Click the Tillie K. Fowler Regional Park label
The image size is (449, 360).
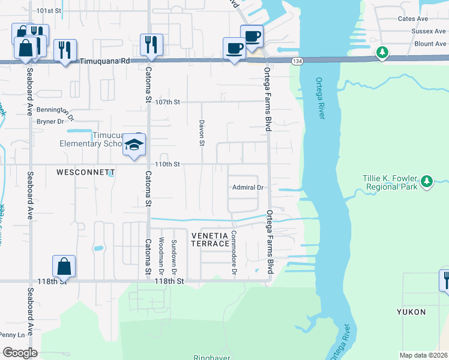coord(390,182)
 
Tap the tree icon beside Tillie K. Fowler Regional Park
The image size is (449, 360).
coord(426,180)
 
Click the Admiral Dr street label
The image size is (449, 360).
coord(249,187)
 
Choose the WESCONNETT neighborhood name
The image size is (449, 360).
coord(85,172)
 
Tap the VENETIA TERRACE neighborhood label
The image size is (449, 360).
coord(209,239)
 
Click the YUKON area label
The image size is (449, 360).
coord(411,312)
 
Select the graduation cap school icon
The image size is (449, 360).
coord(134,145)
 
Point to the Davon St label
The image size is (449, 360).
coord(202,133)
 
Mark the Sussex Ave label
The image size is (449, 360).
coord(429,31)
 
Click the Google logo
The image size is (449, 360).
coord(20,353)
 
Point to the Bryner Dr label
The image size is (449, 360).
coord(50,121)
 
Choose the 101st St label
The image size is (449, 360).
coord(49,11)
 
